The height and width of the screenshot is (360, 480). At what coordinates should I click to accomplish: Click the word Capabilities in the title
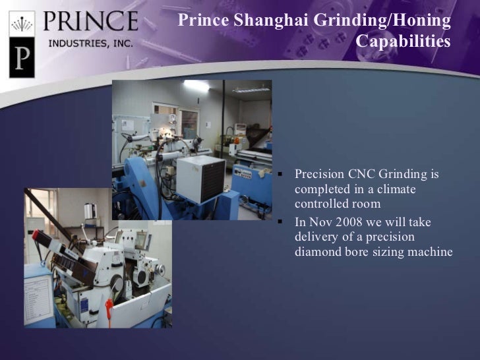tap(403, 42)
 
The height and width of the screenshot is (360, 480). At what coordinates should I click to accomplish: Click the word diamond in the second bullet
tap(316, 252)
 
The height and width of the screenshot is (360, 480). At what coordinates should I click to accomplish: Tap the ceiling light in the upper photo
tap(197, 86)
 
